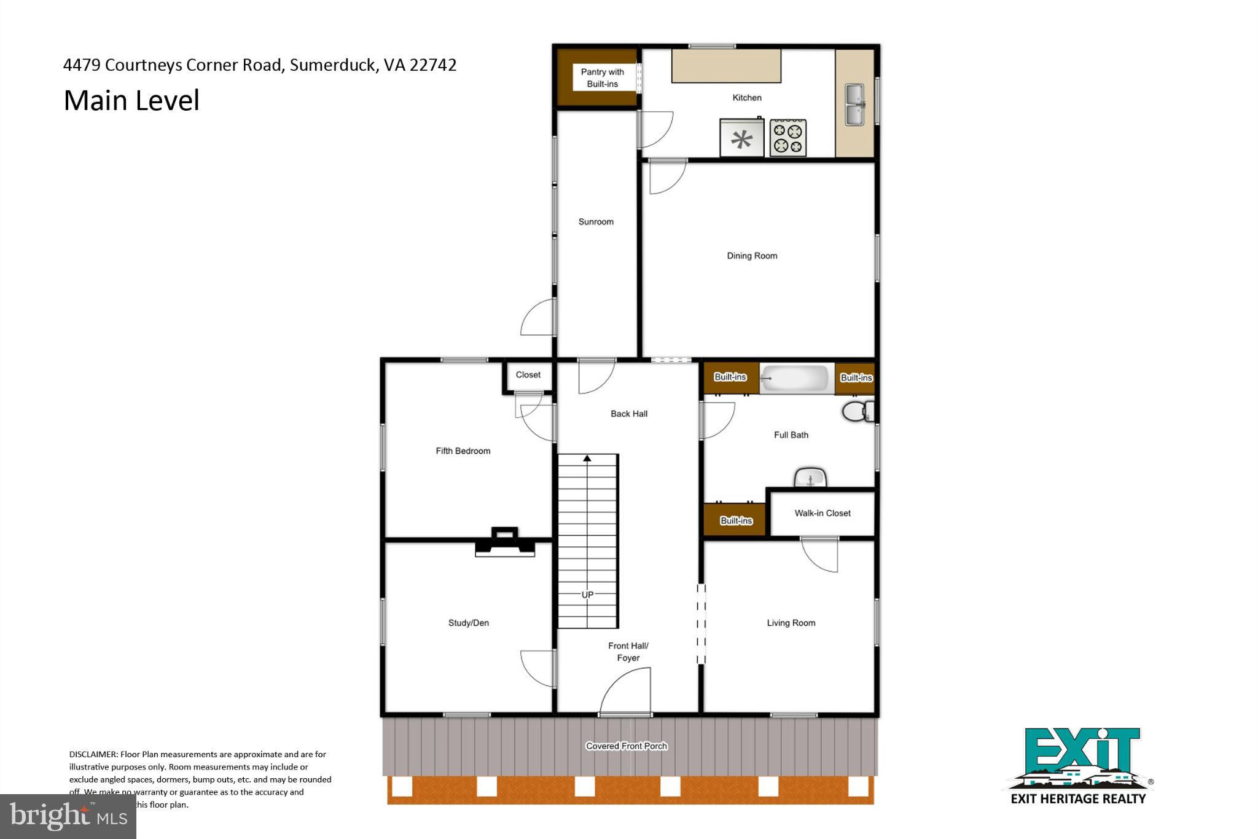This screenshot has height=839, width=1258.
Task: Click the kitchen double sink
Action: [854, 105]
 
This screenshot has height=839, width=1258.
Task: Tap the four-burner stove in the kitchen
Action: [788, 138]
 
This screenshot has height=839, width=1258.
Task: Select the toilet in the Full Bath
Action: [858, 411]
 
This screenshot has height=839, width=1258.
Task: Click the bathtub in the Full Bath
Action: [796, 378]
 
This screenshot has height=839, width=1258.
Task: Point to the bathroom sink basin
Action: [810, 478]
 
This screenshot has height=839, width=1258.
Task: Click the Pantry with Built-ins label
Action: [603, 78]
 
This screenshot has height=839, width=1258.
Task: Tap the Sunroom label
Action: [596, 222]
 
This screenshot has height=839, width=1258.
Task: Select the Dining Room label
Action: [752, 256]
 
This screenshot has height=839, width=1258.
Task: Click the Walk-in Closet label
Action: [822, 513]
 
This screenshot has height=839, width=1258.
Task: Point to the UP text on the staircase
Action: [588, 595]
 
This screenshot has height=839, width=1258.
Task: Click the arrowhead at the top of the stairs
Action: [587, 459]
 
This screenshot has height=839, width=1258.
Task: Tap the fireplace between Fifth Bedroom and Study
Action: [505, 542]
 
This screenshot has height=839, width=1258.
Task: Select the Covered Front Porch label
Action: [626, 746]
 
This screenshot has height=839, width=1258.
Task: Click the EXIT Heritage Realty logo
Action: [1079, 766]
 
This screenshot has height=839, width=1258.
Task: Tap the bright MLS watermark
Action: [68, 816]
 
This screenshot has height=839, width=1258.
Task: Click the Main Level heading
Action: [131, 101]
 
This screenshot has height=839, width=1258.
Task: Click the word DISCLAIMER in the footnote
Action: [93, 754]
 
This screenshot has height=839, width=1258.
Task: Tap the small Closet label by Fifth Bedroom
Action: [528, 375]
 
